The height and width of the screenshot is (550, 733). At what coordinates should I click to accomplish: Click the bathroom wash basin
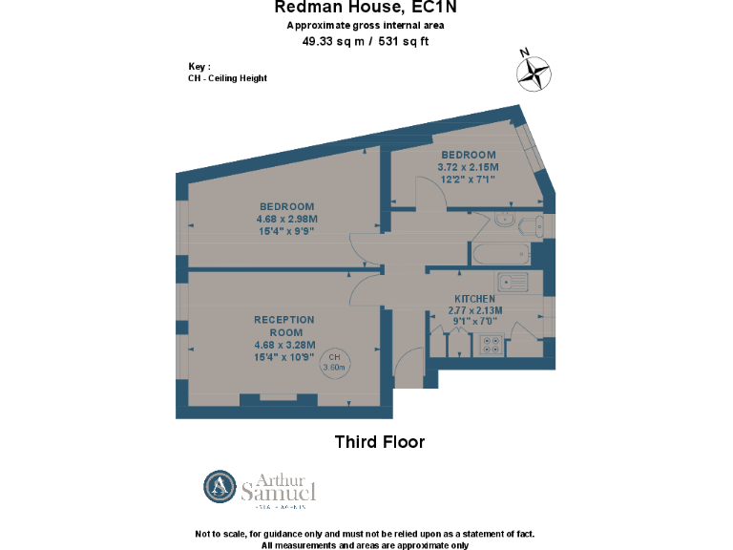(506, 222)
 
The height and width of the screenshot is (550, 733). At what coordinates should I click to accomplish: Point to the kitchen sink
(513, 283)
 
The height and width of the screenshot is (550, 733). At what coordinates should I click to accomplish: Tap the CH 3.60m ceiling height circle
(335, 362)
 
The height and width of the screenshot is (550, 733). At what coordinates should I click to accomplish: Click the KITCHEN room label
(474, 299)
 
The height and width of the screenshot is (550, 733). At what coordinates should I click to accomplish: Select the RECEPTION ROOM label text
(283, 326)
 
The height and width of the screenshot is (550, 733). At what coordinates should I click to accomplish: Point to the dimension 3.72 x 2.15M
(468, 167)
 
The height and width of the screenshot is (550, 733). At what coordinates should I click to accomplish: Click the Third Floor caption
(379, 442)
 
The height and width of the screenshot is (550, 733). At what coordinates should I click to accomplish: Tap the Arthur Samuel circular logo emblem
(220, 487)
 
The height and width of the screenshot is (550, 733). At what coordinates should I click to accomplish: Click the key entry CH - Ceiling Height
(227, 78)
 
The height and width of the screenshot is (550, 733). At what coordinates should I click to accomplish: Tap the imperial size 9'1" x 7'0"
(474, 321)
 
